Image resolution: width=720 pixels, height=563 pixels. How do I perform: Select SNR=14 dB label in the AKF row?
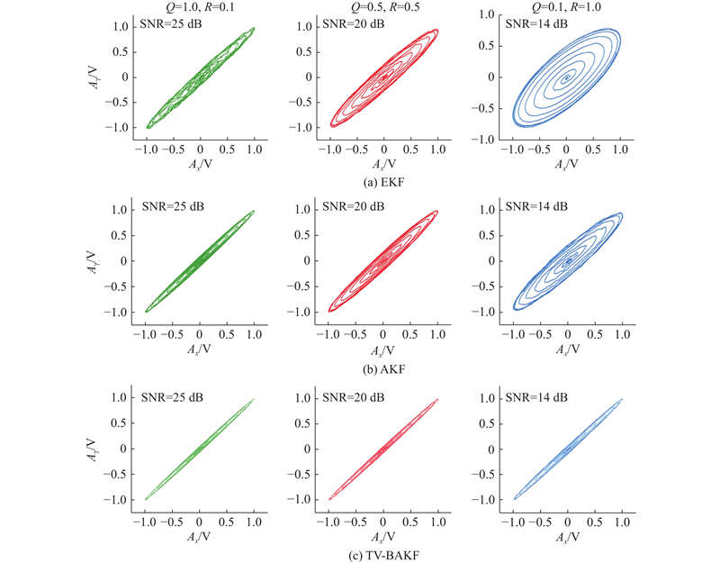[x=538, y=206]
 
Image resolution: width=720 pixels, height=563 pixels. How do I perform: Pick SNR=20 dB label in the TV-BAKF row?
[x=354, y=396]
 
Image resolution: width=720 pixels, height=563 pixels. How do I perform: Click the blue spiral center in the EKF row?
[x=566, y=78]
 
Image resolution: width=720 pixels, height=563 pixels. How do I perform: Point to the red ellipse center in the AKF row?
[x=383, y=261]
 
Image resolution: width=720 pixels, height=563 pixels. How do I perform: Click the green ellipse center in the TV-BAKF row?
[x=199, y=449]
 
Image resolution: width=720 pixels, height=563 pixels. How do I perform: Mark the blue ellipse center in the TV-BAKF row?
[x=567, y=449]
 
